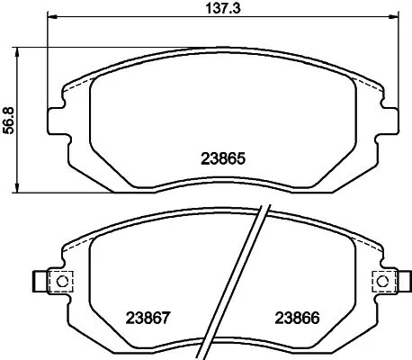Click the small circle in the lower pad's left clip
tap(63, 281)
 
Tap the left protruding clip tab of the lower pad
tap(40, 282)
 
